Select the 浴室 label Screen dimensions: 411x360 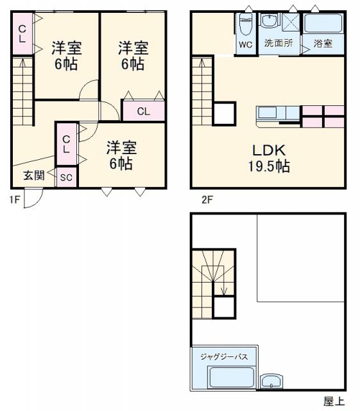tap(323, 44)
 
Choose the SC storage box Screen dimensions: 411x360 tap(66, 178)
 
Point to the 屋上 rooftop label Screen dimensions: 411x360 tap(333, 401)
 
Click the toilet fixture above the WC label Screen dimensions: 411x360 tap(245, 25)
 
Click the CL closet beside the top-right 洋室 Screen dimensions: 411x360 tap(143, 111)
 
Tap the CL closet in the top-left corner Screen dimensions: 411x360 tap(21, 33)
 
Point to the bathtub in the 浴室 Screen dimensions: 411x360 tap(323, 26)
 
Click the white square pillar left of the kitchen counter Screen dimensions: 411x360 tap(225, 114)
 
